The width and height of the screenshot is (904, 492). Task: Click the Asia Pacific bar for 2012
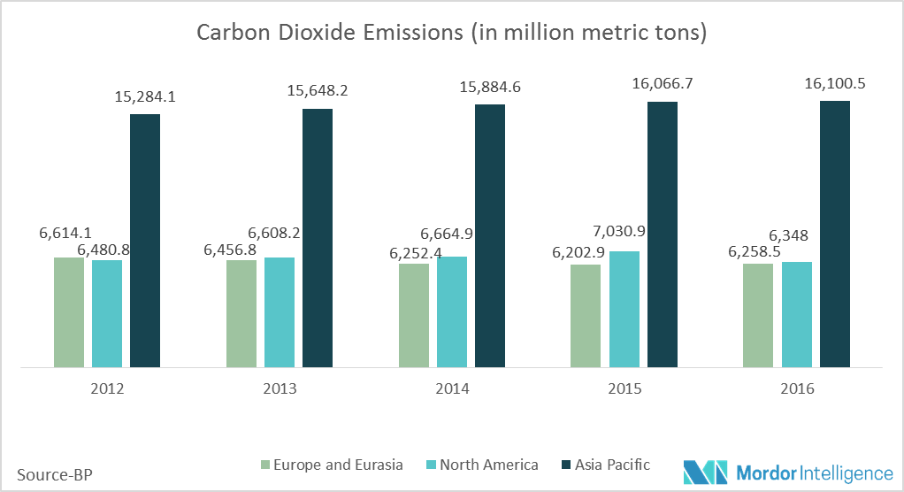coord(145,240)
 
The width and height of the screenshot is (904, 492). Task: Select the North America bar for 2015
coord(624,309)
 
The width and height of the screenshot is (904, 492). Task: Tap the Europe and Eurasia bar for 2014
coord(414,315)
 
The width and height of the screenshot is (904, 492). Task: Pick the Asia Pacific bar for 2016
coord(834,234)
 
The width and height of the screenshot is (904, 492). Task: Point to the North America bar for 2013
coord(280,311)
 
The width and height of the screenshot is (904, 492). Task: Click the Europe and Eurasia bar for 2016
coord(758,315)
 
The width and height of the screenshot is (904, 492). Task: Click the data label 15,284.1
coord(145,96)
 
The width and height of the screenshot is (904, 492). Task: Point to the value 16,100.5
coord(834,83)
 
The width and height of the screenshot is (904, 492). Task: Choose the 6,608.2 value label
coord(275,234)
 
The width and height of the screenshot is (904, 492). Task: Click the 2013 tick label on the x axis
coord(280,389)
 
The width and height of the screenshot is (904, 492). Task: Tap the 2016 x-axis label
coord(797,389)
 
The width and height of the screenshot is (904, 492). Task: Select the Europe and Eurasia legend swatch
coord(265,465)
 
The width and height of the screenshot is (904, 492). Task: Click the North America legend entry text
coord(489,465)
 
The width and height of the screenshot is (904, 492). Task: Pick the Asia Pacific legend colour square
coord(567,465)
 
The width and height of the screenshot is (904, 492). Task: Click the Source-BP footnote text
coord(54,474)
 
